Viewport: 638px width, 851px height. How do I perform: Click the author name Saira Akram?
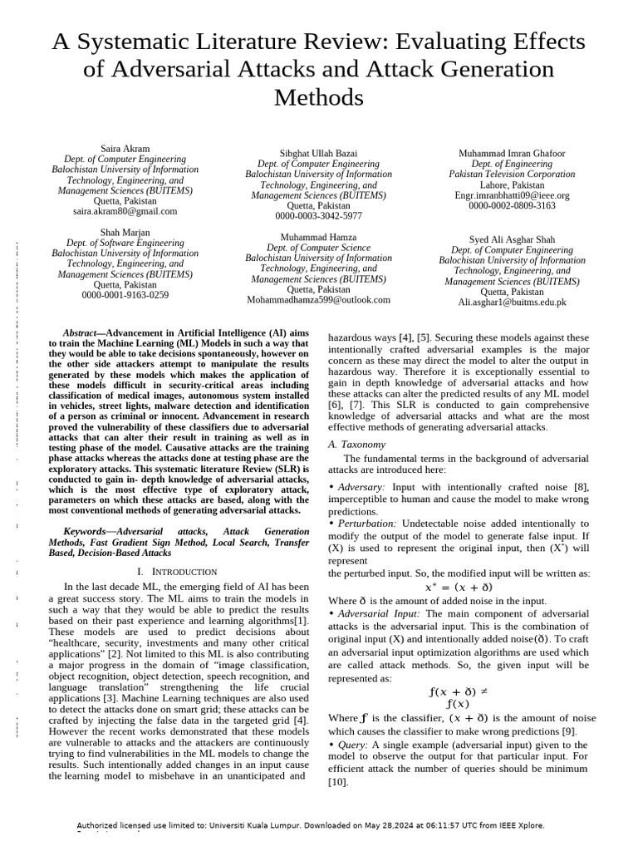(x=125, y=149)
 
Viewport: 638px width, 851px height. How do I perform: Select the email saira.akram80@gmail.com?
(x=125, y=211)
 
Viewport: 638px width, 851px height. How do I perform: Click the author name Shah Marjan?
(x=125, y=233)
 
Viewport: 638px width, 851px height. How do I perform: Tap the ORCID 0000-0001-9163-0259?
(x=125, y=295)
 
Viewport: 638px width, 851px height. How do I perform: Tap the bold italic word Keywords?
(x=86, y=530)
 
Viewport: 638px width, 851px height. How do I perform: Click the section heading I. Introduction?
(x=177, y=572)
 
